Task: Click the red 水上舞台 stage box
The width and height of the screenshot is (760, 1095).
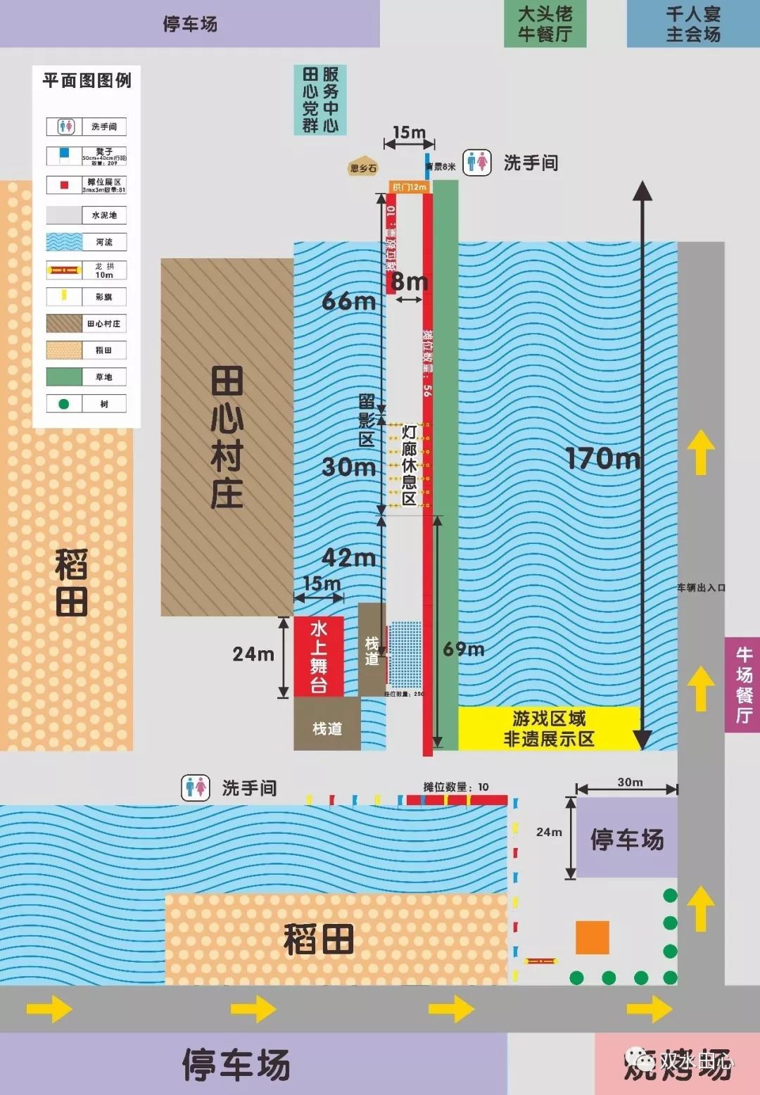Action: [x=319, y=656]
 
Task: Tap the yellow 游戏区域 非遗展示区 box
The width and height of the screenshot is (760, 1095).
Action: [x=549, y=728]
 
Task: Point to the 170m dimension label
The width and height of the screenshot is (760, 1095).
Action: [x=603, y=459]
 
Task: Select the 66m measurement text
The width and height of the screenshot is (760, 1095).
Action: [x=348, y=301]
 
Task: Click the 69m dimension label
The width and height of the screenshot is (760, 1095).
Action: [x=464, y=649]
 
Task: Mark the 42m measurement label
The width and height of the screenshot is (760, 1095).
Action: [x=348, y=557]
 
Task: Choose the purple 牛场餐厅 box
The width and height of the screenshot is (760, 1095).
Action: [x=743, y=685]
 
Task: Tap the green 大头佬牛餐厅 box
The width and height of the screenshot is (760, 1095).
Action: [x=545, y=24]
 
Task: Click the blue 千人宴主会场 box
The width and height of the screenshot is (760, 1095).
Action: [x=692, y=24]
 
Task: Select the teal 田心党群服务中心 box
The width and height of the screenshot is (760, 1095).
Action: [x=320, y=100]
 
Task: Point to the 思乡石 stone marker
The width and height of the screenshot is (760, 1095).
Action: [x=363, y=167]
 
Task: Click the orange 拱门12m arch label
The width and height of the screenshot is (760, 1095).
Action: [x=410, y=186]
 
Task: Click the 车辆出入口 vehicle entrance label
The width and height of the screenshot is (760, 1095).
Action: [x=701, y=588]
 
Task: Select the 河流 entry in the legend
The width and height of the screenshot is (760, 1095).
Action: [x=86, y=242]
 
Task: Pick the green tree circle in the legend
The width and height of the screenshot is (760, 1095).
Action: [x=64, y=404]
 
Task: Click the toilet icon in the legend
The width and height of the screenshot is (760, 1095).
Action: [x=65, y=127]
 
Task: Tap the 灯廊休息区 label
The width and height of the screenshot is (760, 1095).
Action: [x=409, y=465]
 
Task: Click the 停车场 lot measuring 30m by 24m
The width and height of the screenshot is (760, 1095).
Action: [x=626, y=838]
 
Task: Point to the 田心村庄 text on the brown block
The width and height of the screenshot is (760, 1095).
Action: [x=227, y=437]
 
